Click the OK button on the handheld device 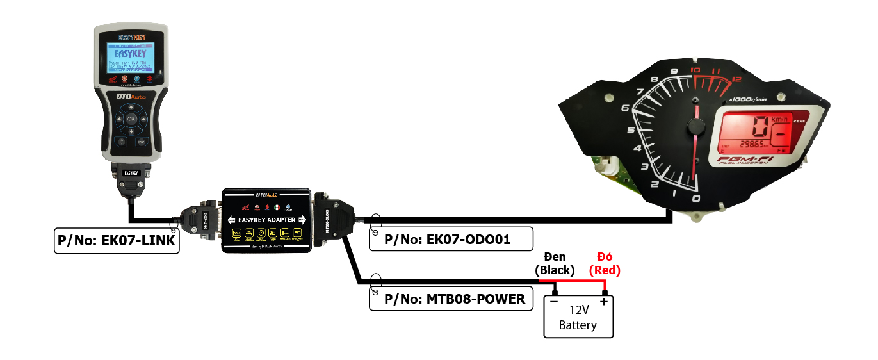(131, 119)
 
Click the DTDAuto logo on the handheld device (131, 97)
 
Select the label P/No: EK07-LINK (116, 241)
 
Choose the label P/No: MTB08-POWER (451, 299)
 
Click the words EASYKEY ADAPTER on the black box (266, 220)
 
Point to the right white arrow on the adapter (302, 220)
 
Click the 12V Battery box (578, 316)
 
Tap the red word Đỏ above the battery (605, 257)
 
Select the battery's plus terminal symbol (604, 301)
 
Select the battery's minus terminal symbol (554, 301)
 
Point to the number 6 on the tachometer (625, 108)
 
